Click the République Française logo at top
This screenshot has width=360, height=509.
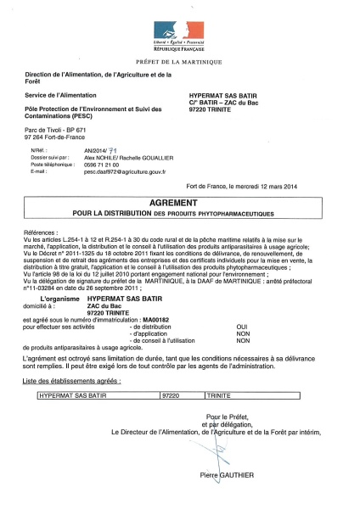[180, 35]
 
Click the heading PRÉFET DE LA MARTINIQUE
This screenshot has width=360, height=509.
[180, 62]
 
